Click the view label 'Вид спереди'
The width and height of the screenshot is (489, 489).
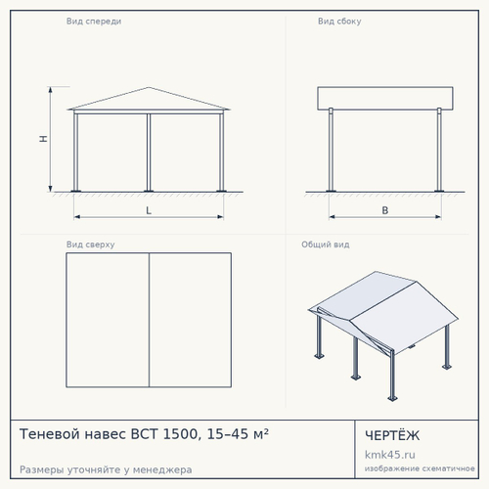[x=94, y=22]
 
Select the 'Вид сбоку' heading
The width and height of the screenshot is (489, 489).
[x=339, y=22]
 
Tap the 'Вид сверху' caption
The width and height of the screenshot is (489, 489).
[x=90, y=244]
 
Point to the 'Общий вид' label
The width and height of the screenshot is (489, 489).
[x=326, y=244]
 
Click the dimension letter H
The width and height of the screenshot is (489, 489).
[x=43, y=139]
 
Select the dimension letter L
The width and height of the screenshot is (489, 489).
[x=149, y=210]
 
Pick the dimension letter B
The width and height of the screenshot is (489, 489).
[x=385, y=210]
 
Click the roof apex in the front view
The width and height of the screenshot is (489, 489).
[x=149, y=87]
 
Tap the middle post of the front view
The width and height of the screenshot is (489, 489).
[x=149, y=153]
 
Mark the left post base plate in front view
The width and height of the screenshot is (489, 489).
[x=75, y=191]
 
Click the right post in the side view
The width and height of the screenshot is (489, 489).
[x=439, y=150]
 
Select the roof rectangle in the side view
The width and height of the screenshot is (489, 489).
[x=385, y=98]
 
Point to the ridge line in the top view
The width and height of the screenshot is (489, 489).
[x=149, y=320]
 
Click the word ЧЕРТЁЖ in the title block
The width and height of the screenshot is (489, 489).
[x=392, y=435]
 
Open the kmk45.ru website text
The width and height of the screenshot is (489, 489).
[x=390, y=455]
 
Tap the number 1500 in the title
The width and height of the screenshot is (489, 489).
[x=180, y=434]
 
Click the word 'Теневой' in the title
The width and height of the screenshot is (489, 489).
[x=49, y=434]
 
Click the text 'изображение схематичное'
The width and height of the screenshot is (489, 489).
[x=420, y=468]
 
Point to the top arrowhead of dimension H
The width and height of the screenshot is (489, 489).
[x=50, y=89]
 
